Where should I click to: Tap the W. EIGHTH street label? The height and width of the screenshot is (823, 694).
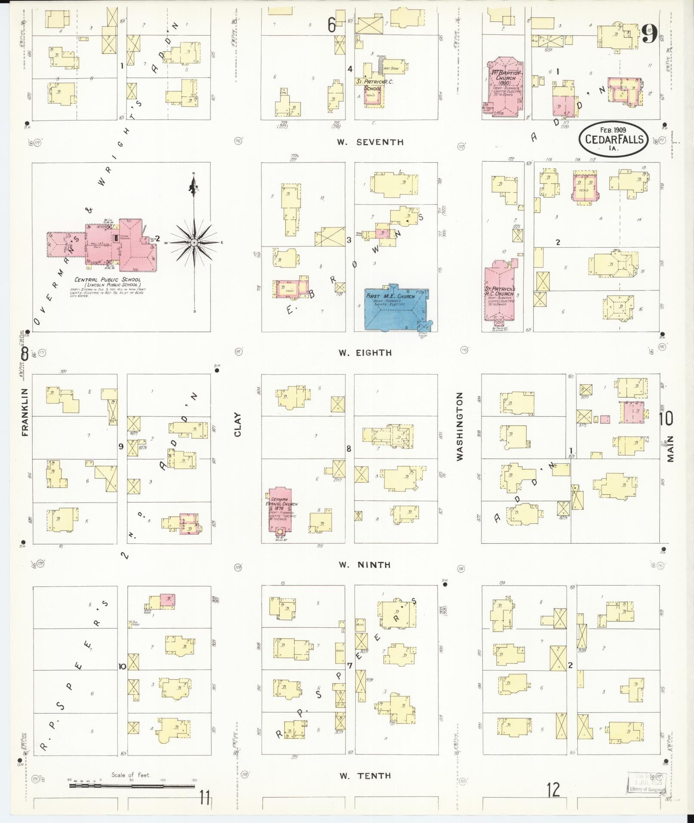pos(365,353)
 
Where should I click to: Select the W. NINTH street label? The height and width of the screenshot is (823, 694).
pos(364,565)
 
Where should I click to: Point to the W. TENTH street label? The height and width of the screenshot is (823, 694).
pos(365,776)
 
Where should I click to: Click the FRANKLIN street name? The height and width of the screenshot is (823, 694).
pos(24,413)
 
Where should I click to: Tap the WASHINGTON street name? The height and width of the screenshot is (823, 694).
pos(460,426)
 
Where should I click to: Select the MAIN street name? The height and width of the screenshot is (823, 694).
pos(669,449)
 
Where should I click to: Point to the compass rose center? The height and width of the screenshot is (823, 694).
pos(194,243)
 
